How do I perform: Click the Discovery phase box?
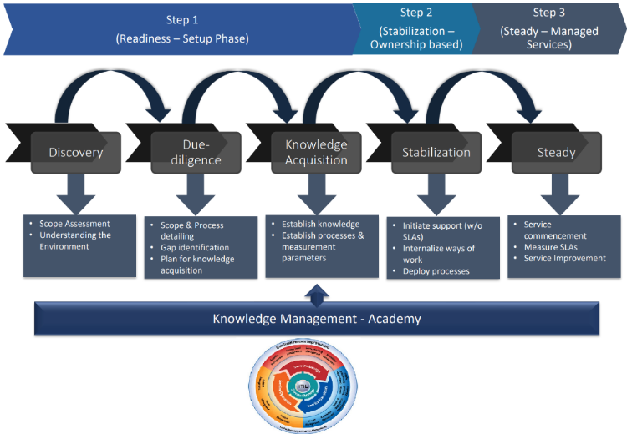coord(76,152)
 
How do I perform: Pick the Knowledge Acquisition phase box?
coord(316,152)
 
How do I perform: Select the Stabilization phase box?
coord(436,152)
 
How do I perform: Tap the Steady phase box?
coord(556,152)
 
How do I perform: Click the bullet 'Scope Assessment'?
coord(74,224)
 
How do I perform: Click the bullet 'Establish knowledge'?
coord(320,224)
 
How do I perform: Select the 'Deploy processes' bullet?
coord(436,270)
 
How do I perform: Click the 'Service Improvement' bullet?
coord(565,258)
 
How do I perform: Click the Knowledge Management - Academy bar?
coord(316,318)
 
